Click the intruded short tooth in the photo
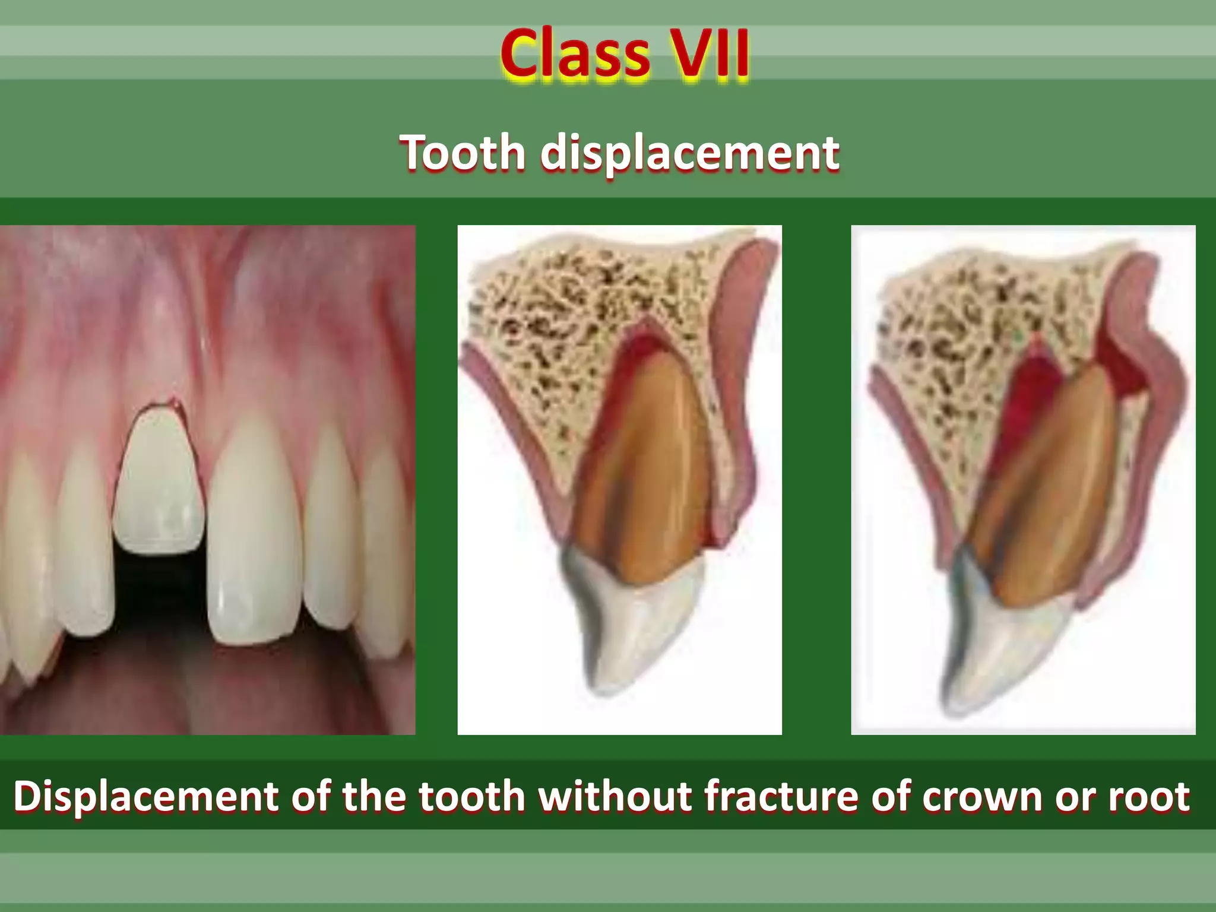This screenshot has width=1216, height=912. pyautogui.click(x=159, y=481)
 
